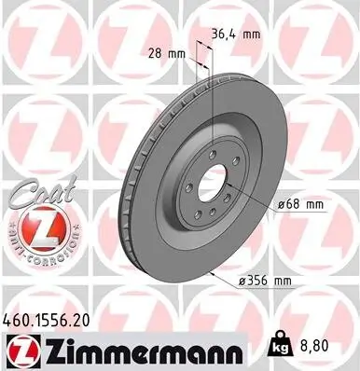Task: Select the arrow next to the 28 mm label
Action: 191,56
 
